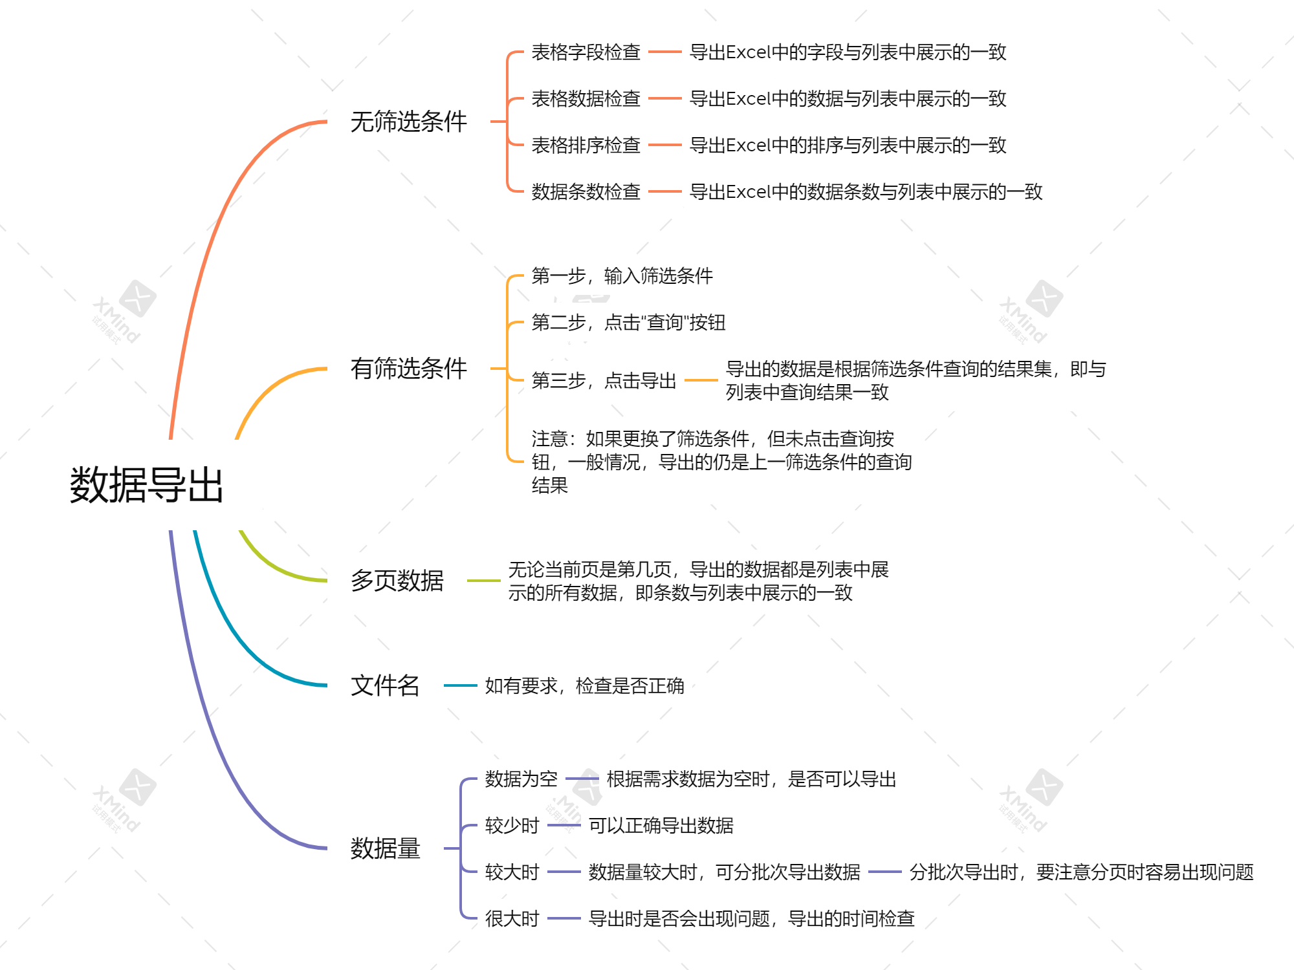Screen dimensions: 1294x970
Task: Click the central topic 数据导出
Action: (x=146, y=485)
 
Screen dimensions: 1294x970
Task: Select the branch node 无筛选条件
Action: (x=408, y=122)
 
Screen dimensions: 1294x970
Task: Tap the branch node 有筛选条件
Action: (x=408, y=369)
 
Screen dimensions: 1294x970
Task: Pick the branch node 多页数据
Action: (x=397, y=581)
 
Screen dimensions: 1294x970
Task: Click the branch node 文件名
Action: (x=385, y=685)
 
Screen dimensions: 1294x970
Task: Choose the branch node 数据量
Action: (x=385, y=848)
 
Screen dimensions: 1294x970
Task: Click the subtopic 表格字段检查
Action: (x=586, y=52)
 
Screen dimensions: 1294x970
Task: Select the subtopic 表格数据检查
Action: (x=586, y=98)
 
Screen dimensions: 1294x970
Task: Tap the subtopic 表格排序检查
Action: (x=586, y=145)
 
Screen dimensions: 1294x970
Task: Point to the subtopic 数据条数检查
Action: (x=586, y=191)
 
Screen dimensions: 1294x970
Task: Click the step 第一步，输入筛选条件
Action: (x=622, y=276)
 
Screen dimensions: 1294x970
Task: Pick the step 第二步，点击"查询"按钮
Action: (x=628, y=322)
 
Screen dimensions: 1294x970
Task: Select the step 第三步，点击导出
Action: (x=604, y=380)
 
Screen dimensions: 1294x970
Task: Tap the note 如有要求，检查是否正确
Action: (x=584, y=685)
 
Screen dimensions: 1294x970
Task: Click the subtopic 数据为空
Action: (x=521, y=779)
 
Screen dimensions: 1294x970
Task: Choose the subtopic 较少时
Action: (x=512, y=825)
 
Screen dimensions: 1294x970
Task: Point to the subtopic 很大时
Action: (x=512, y=918)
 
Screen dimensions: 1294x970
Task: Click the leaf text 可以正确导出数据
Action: (x=661, y=825)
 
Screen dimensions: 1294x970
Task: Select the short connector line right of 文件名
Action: (x=460, y=685)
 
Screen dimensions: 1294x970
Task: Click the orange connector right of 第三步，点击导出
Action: (x=701, y=380)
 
